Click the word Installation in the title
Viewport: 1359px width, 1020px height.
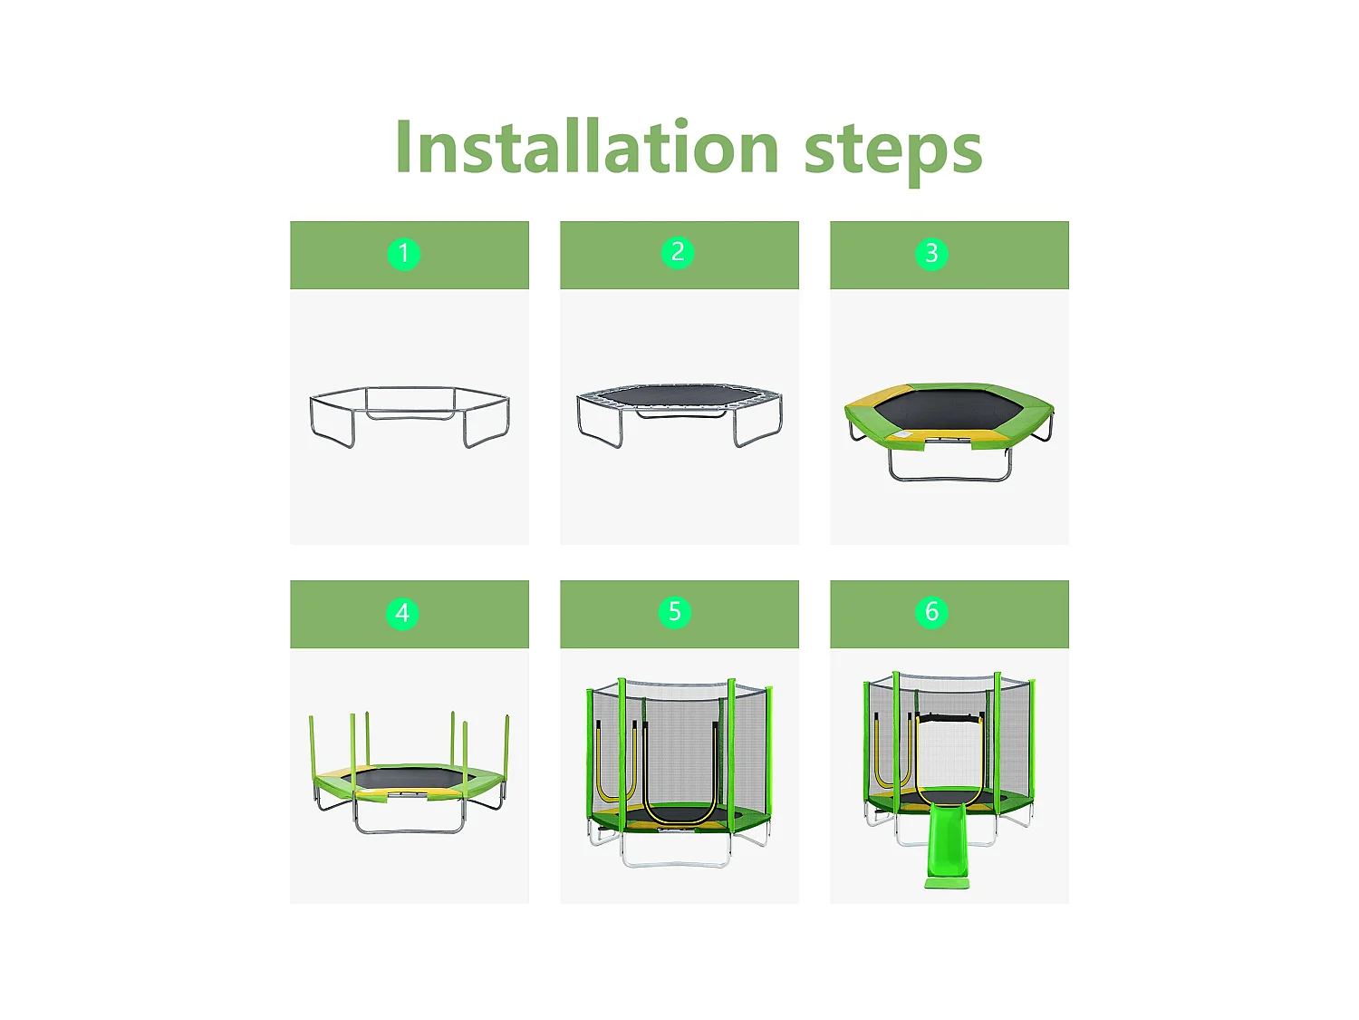[x=587, y=146]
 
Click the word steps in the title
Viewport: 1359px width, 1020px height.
[x=892, y=152]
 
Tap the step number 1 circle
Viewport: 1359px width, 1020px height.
[x=404, y=253]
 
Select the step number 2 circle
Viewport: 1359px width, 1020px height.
[x=678, y=253]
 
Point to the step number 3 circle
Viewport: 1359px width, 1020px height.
[x=931, y=253]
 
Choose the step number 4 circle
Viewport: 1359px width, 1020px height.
[x=402, y=613]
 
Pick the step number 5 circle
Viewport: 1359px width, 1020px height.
[x=675, y=612]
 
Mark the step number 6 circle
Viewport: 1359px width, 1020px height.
[x=931, y=612]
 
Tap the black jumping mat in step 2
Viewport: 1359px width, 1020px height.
[x=679, y=396]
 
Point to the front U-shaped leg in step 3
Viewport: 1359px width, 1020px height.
[x=949, y=478]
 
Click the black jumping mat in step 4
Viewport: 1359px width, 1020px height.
[x=409, y=779]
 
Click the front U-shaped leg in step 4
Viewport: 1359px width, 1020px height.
[x=409, y=830]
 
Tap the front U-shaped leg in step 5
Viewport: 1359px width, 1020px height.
[x=676, y=864]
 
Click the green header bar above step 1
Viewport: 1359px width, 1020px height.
[x=410, y=255]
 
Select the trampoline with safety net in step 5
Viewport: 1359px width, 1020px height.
[x=679, y=772]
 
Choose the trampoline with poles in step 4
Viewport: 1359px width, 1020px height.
[x=410, y=772]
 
